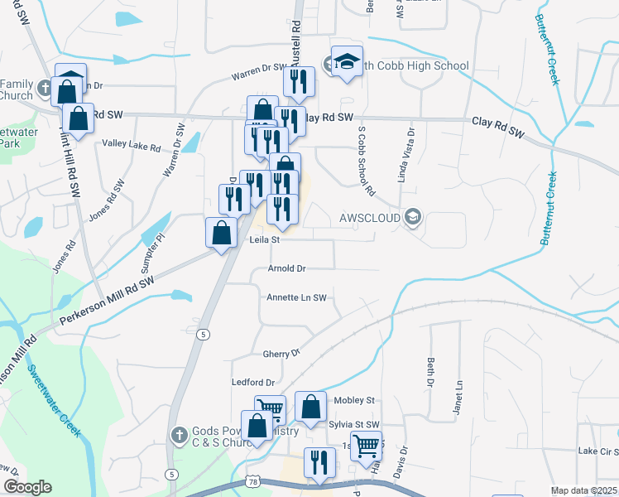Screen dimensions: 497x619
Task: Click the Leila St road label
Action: (266, 240)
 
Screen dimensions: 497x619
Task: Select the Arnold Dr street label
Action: (287, 268)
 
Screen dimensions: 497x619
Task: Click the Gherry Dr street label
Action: (281, 354)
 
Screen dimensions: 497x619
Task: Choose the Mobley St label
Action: (354, 400)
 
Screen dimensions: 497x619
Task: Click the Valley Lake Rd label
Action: (131, 145)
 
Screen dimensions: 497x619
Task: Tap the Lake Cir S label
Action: (598, 451)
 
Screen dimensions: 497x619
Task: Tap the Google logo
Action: (27, 487)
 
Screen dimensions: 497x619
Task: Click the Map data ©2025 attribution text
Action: (583, 490)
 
